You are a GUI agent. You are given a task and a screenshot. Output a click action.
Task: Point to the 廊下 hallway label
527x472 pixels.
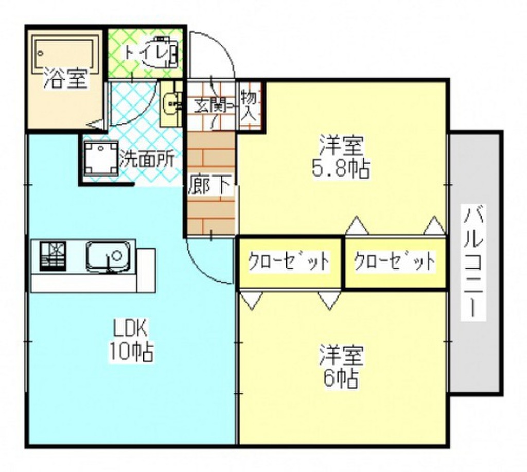point(210,185)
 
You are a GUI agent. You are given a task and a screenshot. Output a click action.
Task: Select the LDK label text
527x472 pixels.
point(131,327)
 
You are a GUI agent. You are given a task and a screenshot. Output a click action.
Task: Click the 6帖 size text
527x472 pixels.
point(341,379)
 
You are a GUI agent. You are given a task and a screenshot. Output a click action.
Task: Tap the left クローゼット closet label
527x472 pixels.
point(289,262)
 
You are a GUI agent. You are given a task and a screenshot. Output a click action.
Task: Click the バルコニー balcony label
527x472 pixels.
point(474,263)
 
